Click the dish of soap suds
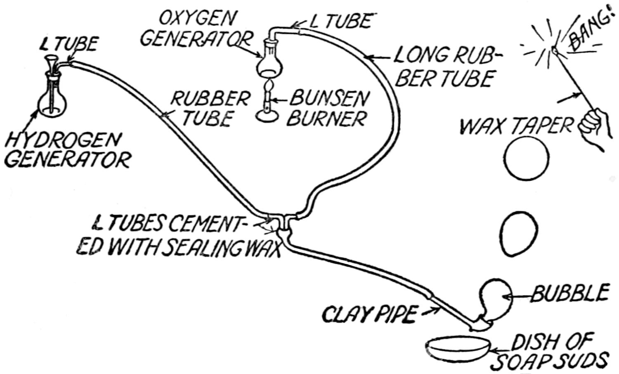click(x=458, y=349)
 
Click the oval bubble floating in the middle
click(x=520, y=233)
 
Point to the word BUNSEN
click(x=328, y=99)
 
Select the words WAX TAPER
click(x=516, y=126)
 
